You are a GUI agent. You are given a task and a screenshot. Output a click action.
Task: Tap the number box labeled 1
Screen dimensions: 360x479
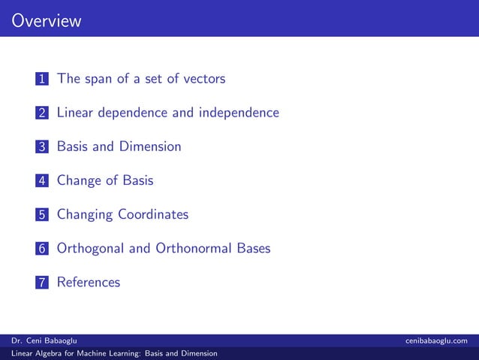click(x=42, y=79)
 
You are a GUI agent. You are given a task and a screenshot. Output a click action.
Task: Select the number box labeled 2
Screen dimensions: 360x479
click(x=42, y=113)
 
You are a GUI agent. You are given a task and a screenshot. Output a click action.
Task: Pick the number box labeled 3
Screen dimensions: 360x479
click(x=42, y=147)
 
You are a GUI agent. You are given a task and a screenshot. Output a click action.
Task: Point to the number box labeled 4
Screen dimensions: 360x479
click(x=42, y=181)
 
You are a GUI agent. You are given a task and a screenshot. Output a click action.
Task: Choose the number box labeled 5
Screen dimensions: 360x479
click(x=42, y=215)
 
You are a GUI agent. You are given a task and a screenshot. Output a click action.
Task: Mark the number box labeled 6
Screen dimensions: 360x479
click(x=42, y=249)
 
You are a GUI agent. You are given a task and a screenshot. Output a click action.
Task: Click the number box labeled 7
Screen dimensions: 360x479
click(x=42, y=283)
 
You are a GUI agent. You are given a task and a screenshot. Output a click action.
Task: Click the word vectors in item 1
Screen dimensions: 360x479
click(x=203, y=78)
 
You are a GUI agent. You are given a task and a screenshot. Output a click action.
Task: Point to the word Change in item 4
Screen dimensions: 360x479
click(x=79, y=180)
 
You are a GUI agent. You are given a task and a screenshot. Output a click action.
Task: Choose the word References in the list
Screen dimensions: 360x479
click(x=89, y=283)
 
